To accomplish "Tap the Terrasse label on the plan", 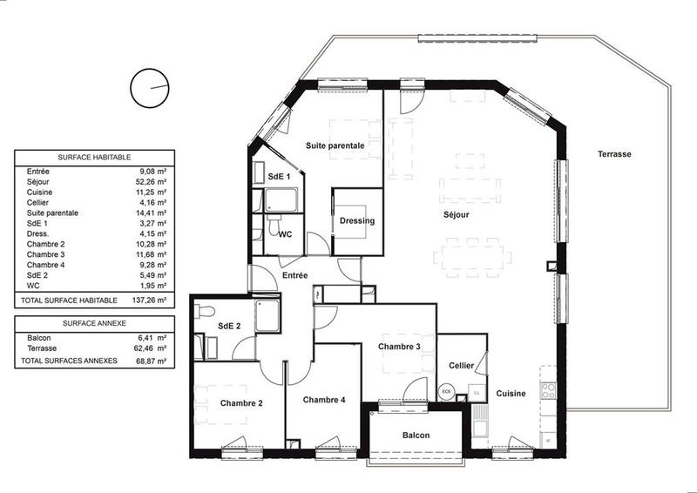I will click(x=614, y=154).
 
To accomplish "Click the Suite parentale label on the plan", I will click(x=335, y=145).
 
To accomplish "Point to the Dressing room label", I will click(x=357, y=220).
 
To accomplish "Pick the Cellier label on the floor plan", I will click(x=461, y=366).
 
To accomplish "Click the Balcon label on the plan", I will click(x=416, y=435).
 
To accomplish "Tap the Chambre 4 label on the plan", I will click(x=324, y=400).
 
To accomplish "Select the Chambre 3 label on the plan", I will click(x=399, y=347).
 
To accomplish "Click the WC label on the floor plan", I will click(x=285, y=234).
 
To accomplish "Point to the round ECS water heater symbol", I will click(x=448, y=392).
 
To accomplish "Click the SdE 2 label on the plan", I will click(x=229, y=326).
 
